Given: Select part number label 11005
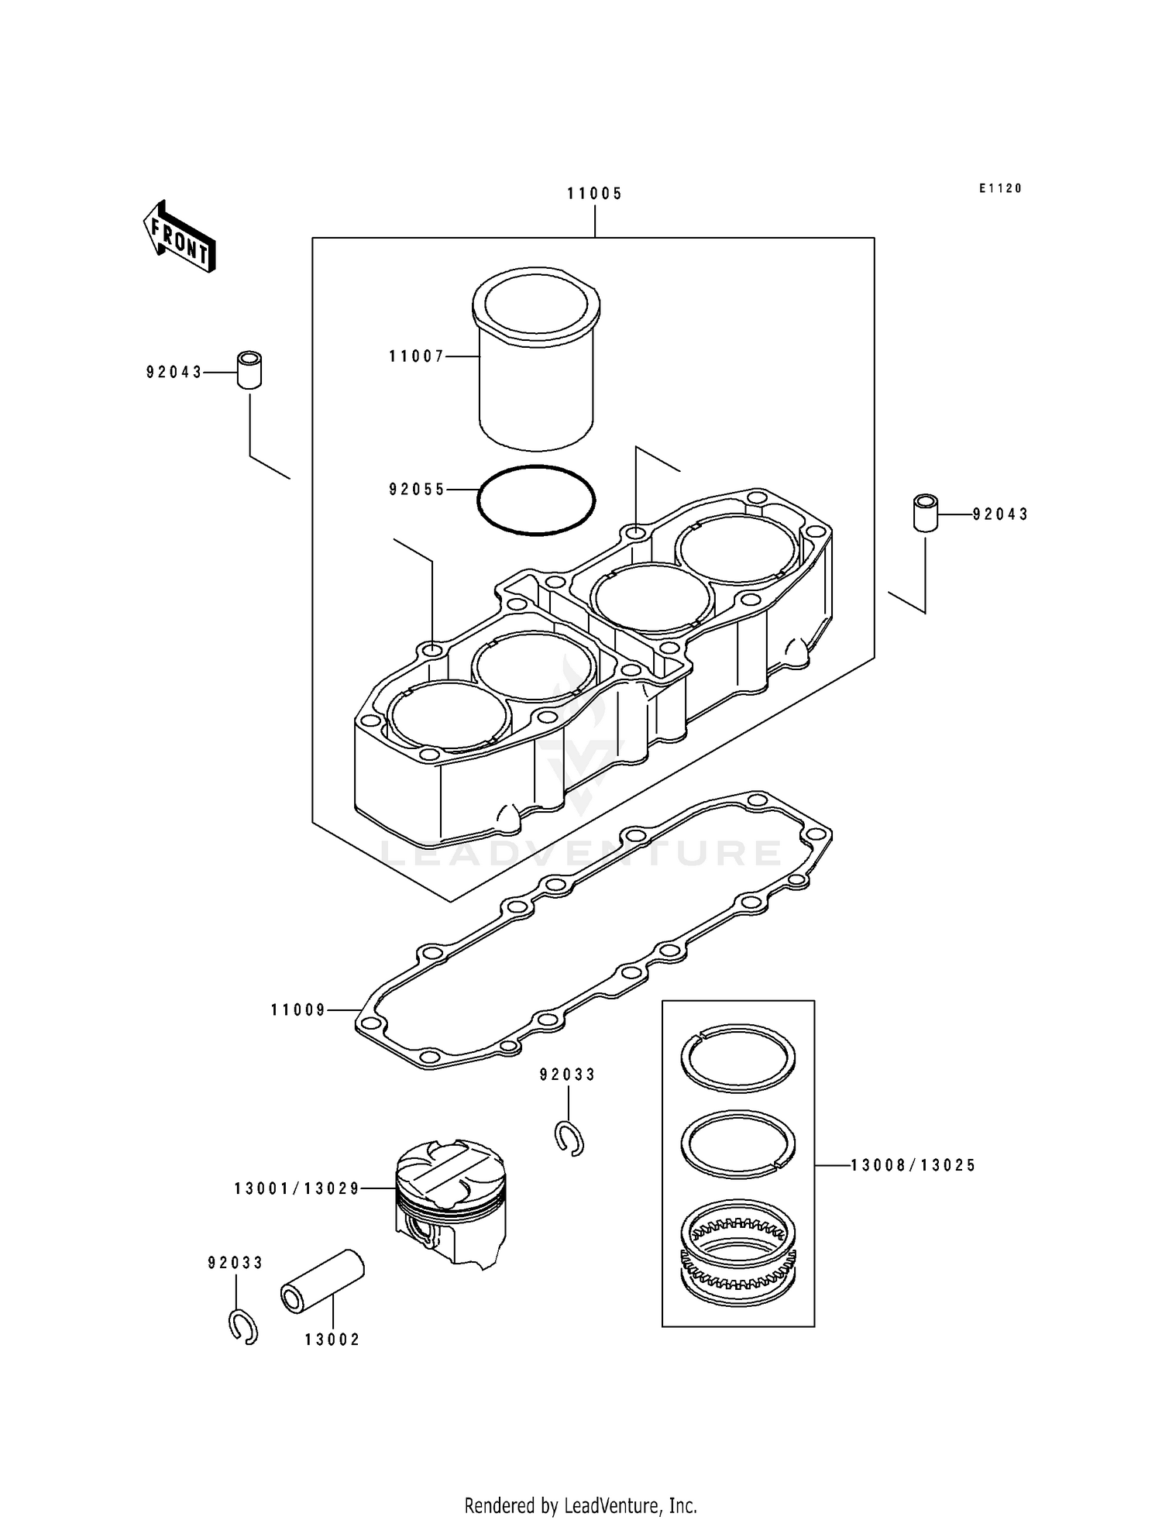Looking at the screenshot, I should pos(594,194).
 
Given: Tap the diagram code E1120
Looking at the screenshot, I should pos(1000,188).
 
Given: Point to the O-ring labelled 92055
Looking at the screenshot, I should pos(536,500).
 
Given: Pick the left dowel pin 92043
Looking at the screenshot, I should pos(249,370).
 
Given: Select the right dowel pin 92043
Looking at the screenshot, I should pos(925,512).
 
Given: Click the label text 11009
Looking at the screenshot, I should pos(298,1010).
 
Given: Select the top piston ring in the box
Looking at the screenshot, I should pos(738,1057).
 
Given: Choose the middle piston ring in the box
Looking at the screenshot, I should pos(738,1143).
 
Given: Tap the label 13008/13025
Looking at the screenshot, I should pos(913,1165).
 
